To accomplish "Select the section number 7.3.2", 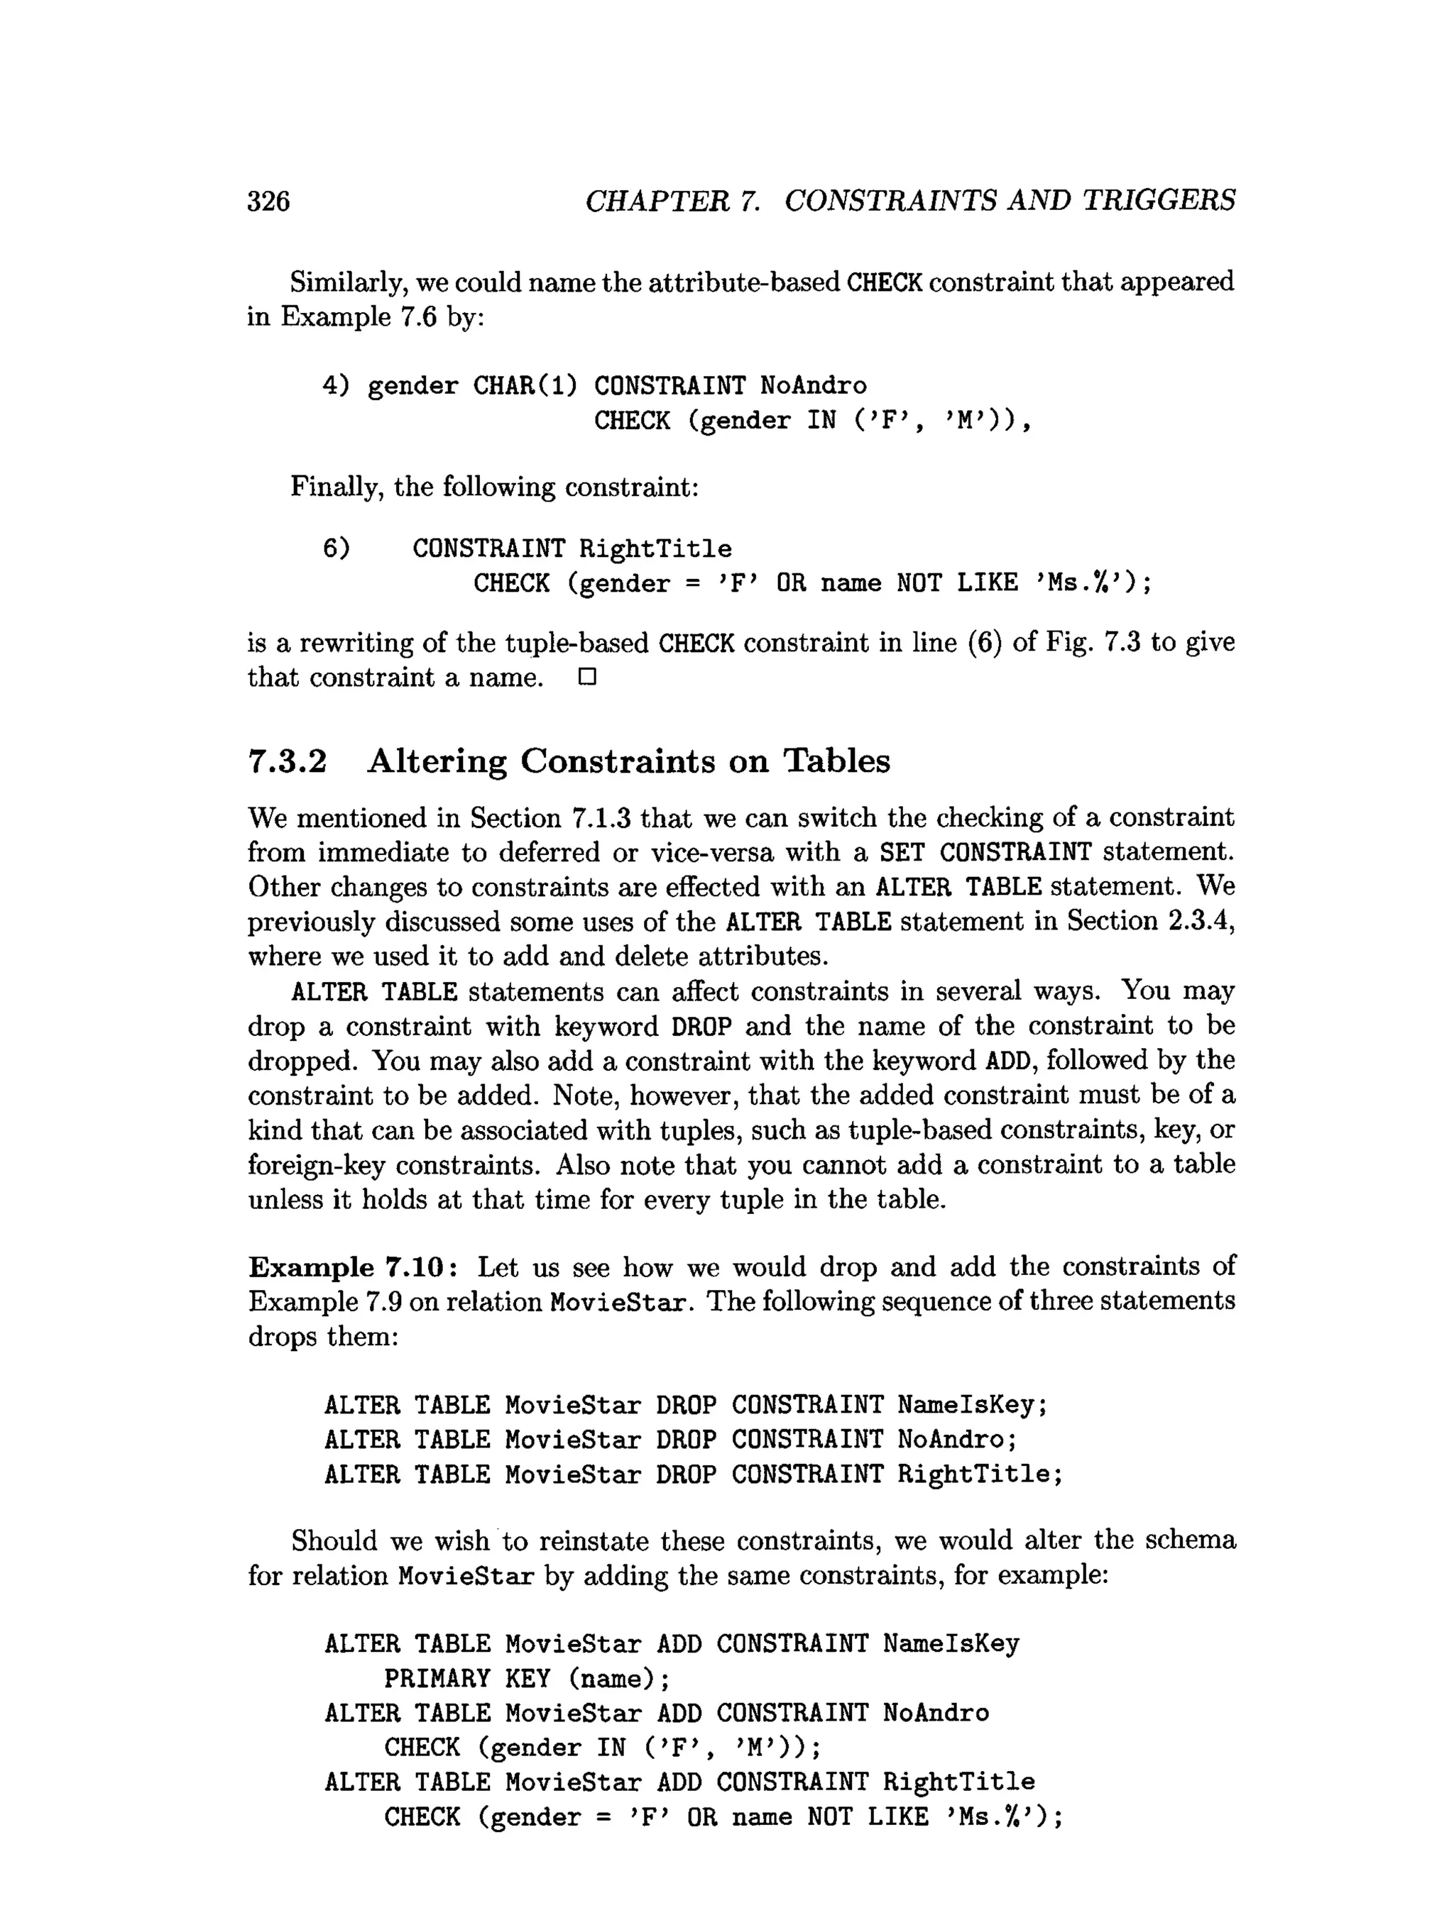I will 288,761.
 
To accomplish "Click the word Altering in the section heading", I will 437,761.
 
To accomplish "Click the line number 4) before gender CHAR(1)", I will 336,385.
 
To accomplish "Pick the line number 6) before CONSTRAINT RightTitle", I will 336,548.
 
